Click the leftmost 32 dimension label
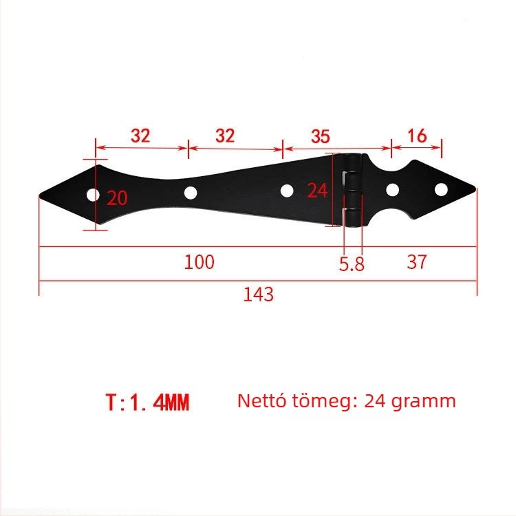(140, 136)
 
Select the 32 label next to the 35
(225, 136)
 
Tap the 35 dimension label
(320, 136)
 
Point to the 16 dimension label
(417, 136)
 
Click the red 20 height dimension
(117, 198)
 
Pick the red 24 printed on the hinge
(317, 191)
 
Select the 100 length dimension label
(200, 262)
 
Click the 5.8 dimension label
(352, 264)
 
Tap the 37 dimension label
(417, 262)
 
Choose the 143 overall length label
(258, 294)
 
